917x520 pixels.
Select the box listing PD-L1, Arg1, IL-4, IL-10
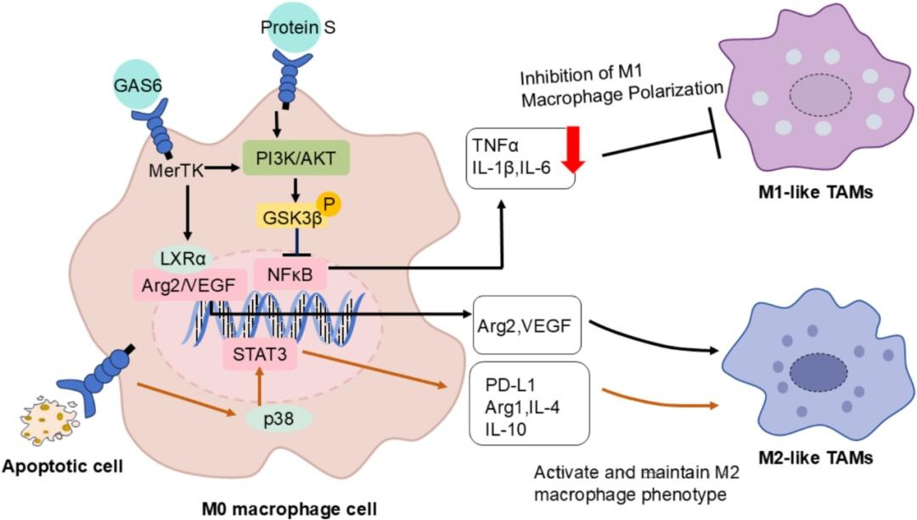click(x=526, y=402)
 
